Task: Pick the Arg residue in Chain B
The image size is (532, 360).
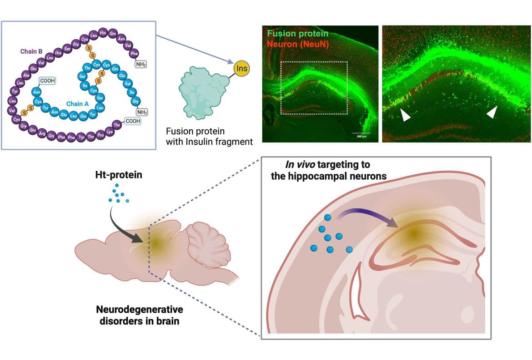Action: [42, 133]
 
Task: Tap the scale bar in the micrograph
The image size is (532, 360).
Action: [361, 133]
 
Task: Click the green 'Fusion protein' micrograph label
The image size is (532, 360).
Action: [298, 34]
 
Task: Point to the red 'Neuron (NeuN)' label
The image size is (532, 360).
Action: [298, 44]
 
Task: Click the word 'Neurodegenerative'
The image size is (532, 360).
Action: [139, 310]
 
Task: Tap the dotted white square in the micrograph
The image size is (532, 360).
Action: [314, 87]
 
